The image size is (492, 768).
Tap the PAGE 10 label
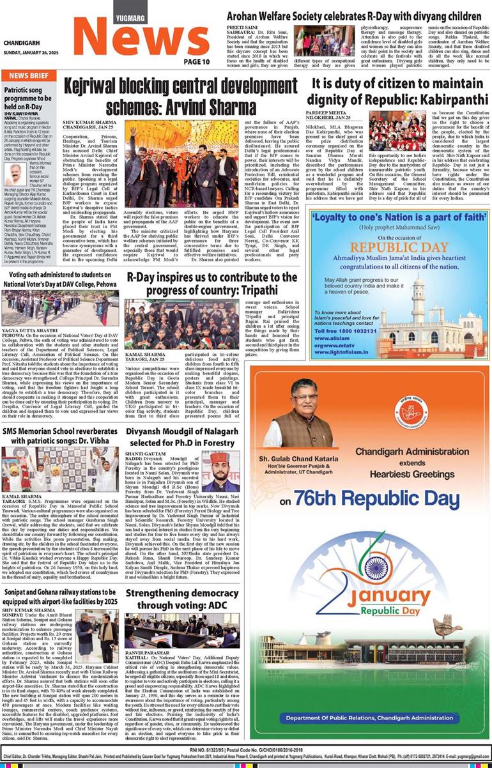coord(196,61)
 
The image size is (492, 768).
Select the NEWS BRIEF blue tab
coord(29,75)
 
